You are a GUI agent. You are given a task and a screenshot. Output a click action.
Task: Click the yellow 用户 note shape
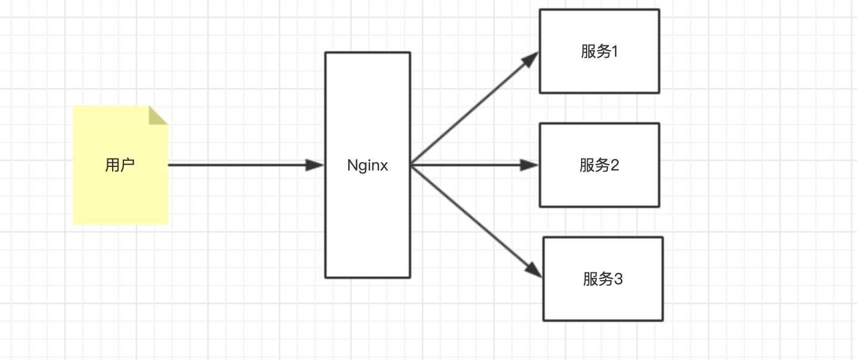(120, 165)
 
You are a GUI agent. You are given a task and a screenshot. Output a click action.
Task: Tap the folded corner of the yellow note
(157, 116)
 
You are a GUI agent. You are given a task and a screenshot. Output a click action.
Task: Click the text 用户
(120, 165)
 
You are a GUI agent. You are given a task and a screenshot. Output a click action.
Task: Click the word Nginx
(368, 165)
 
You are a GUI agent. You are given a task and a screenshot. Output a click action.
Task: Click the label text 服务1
(600, 51)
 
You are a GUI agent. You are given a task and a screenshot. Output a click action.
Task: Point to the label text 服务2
(600, 165)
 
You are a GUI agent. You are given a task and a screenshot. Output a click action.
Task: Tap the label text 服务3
(603, 279)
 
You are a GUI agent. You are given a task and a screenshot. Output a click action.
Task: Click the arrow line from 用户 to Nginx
(246, 165)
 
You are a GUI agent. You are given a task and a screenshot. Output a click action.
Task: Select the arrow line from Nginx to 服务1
(475, 108)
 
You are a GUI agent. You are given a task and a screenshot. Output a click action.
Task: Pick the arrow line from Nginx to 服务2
(475, 165)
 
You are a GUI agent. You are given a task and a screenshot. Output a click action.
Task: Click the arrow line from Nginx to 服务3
(476, 221)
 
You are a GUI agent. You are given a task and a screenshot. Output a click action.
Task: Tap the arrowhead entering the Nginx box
(315, 165)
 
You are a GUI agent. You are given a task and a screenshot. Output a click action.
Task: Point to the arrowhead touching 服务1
(530, 60)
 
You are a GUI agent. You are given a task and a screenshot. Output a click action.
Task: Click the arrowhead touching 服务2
(529, 165)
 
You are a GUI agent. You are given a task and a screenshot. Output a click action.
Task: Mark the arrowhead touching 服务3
(534, 270)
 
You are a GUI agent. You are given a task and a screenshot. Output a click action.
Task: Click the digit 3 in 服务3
(618, 279)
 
